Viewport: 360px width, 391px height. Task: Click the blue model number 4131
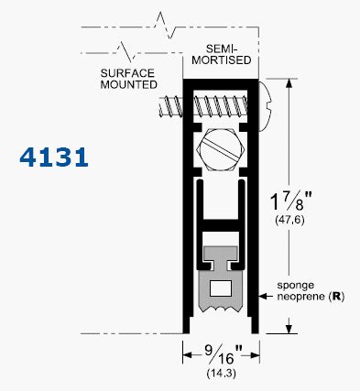tap(54, 157)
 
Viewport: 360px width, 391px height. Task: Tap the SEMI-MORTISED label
tap(222, 54)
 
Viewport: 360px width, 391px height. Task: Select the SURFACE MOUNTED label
tap(128, 79)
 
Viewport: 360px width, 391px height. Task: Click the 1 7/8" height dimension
tap(290, 201)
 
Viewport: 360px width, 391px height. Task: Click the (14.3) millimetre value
tap(222, 373)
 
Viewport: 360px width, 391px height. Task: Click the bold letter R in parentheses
tap(336, 297)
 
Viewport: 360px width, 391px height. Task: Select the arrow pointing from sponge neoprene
tap(266, 296)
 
